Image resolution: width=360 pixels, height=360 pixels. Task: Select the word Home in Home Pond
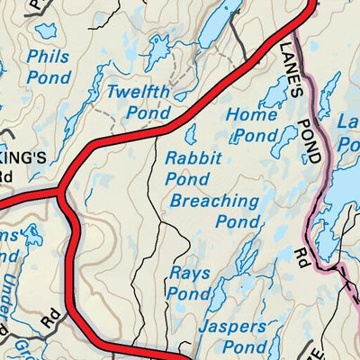click(x=245, y=115)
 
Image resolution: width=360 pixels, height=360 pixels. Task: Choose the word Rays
click(x=189, y=273)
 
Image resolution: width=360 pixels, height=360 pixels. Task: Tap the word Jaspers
click(x=232, y=327)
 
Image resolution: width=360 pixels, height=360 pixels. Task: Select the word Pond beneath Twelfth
click(x=148, y=114)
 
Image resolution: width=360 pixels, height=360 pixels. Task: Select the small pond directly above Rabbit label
click(x=191, y=134)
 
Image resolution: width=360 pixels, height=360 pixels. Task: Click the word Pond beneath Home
click(x=256, y=137)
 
